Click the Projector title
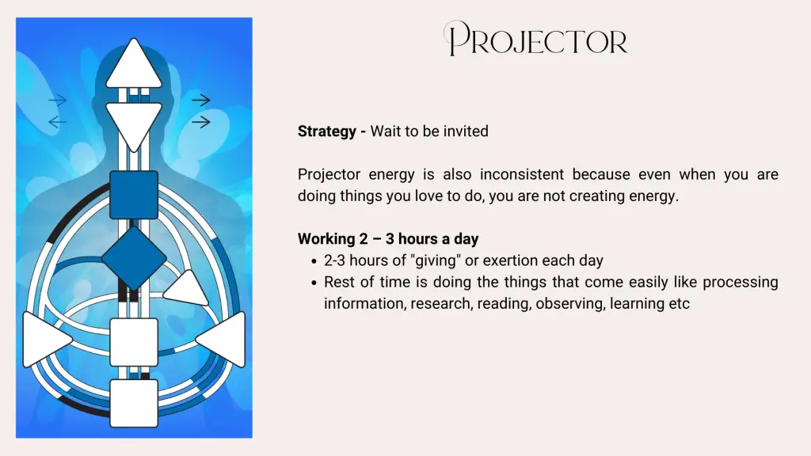(536, 39)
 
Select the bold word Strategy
(326, 131)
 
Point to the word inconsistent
(521, 174)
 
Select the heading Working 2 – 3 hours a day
(388, 239)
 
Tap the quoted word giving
(435, 260)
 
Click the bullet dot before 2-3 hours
(314, 261)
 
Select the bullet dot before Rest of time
(314, 283)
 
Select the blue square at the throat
(134, 195)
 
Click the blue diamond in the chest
(134, 258)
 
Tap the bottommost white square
(134, 403)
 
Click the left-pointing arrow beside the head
(57, 122)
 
